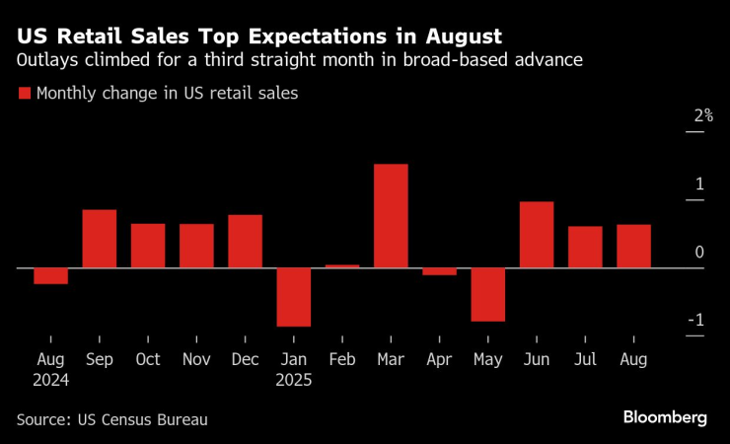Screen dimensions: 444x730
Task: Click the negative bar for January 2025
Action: click(294, 297)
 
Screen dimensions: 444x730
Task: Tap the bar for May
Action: click(488, 294)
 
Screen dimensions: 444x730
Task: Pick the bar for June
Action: click(537, 235)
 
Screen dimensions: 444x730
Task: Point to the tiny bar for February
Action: click(342, 266)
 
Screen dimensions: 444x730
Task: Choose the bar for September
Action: click(100, 239)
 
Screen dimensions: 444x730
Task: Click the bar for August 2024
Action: click(50, 276)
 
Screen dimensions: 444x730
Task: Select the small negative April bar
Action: click(439, 271)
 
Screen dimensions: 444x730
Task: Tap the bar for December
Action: click(246, 242)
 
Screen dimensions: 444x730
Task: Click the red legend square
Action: click(24, 95)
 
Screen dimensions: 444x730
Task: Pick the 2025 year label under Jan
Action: click(294, 379)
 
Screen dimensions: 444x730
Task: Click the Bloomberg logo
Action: click(665, 417)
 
